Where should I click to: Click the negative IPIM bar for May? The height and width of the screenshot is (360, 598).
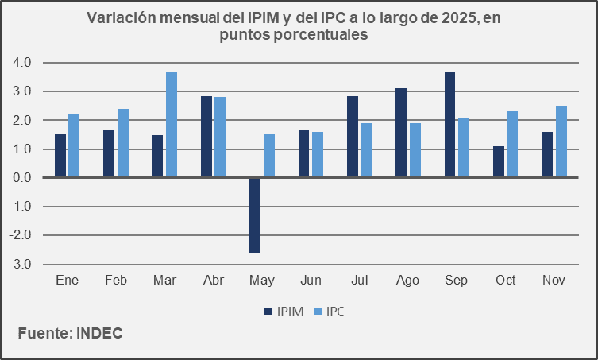point(255,215)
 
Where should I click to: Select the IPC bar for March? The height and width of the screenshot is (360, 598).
point(172,125)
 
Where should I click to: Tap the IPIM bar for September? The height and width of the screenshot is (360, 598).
point(450,125)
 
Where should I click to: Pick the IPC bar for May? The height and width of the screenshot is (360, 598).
point(269,156)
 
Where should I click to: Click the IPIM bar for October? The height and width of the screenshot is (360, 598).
point(499,162)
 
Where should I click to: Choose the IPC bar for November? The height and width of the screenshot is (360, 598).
point(561,141)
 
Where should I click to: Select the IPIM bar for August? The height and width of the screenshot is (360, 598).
point(402,133)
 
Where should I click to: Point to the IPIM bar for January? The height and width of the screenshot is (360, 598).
point(60,156)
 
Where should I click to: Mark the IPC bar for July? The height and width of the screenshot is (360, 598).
point(366,150)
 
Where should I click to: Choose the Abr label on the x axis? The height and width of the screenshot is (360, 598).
point(214,281)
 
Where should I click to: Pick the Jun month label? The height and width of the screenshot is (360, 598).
point(311,281)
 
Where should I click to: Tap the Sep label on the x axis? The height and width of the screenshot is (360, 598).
point(457,281)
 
